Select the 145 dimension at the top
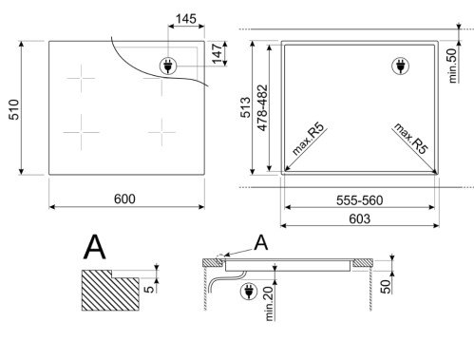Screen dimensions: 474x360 click(186, 20)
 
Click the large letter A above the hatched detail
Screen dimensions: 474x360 click(95, 247)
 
